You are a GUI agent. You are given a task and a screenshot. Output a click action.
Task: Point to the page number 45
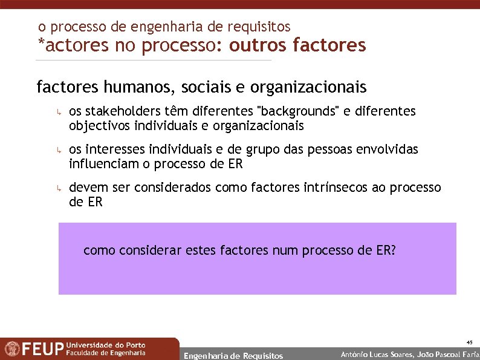coord(469,342)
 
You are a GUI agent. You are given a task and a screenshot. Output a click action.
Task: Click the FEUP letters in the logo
coord(43,350)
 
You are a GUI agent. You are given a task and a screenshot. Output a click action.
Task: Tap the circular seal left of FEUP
coord(11,349)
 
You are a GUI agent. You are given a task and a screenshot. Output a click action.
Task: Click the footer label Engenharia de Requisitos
coord(233,356)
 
